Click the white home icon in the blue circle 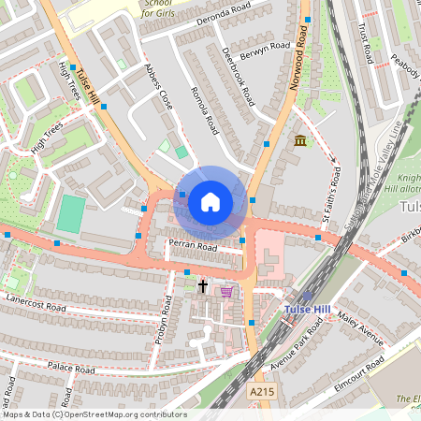click(x=210, y=202)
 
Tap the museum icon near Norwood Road click(x=299, y=140)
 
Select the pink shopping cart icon click(x=225, y=291)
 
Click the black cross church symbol click(x=202, y=285)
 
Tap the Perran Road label click(x=193, y=247)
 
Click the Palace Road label click(x=72, y=370)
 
